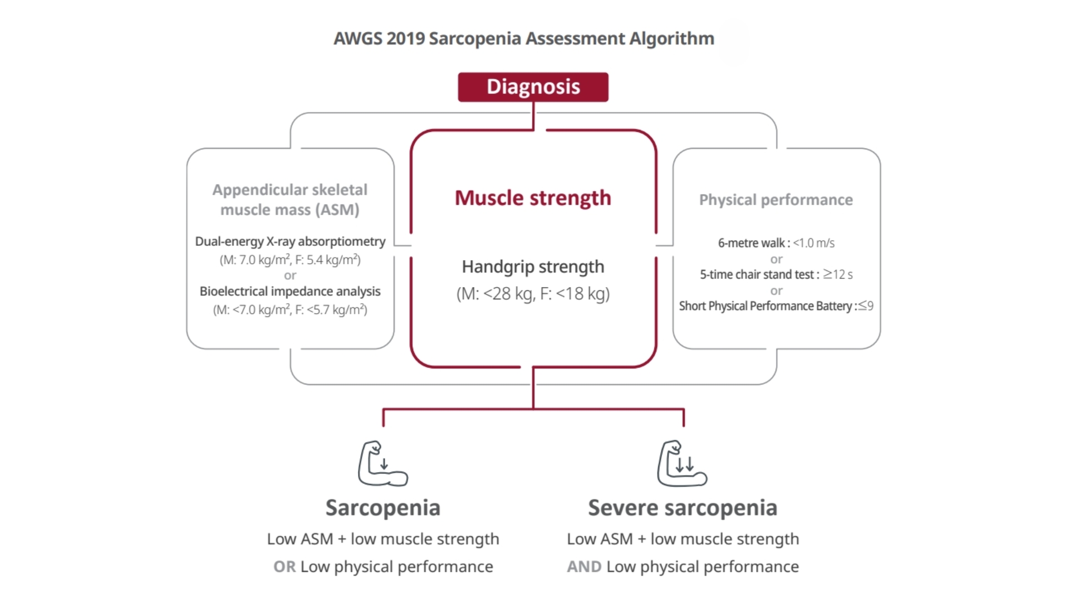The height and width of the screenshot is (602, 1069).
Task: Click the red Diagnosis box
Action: [x=533, y=87]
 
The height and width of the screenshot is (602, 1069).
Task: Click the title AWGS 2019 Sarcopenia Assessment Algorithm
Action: [x=523, y=38]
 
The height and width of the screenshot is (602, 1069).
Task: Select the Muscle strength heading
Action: [x=533, y=198]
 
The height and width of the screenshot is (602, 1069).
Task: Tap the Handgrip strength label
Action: [x=533, y=266]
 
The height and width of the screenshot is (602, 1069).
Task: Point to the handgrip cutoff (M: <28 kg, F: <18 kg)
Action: [x=533, y=294]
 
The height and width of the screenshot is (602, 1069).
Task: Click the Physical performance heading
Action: [x=776, y=200]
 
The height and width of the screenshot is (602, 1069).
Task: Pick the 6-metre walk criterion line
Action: [x=776, y=243]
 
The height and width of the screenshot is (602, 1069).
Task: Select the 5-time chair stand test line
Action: [x=776, y=274]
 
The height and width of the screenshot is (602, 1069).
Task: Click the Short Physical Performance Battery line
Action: [x=776, y=306]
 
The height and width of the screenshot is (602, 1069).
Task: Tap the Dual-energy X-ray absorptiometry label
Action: [x=290, y=241]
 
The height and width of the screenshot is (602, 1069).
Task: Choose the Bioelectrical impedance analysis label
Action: [x=290, y=291]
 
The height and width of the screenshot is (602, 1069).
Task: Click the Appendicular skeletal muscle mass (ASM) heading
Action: [x=290, y=200]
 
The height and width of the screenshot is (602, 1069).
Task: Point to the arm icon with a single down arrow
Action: [x=383, y=464]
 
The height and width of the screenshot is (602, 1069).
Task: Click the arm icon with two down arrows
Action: [x=682, y=464]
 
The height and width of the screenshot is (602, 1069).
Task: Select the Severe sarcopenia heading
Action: [x=683, y=508]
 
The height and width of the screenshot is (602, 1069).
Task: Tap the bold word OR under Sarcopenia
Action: [x=285, y=566]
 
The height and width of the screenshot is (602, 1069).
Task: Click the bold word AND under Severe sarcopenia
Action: [x=584, y=566]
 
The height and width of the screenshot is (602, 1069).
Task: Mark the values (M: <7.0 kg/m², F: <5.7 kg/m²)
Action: [x=290, y=310]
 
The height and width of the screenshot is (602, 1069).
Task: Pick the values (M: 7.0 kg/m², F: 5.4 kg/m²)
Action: [x=290, y=260]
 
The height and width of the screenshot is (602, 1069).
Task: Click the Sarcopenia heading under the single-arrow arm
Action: [x=383, y=508]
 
